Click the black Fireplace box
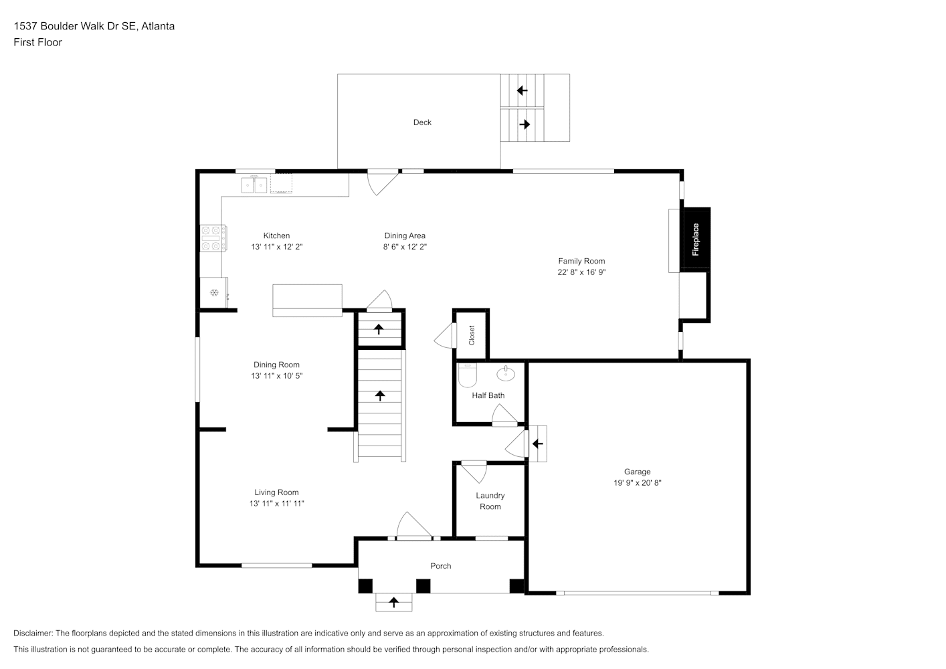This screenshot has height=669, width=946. point(697,239)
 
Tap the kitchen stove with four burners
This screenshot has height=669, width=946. point(213,238)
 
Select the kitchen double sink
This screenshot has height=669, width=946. point(254,185)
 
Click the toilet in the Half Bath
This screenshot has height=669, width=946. point(467,375)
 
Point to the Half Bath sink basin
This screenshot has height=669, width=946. point(506,373)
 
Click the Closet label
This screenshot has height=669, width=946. point(472,335)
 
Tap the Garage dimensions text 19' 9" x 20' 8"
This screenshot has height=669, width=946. point(638,483)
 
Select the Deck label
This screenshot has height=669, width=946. point(422,122)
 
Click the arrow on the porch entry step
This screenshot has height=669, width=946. point(393,602)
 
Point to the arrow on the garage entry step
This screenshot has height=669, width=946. point(538,444)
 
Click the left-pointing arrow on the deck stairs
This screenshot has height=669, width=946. point(523,90)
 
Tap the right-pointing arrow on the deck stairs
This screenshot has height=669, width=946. point(525,124)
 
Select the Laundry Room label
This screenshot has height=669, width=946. point(490,501)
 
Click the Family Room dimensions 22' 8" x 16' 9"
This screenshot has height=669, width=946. point(581,272)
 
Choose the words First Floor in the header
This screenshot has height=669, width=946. point(37,42)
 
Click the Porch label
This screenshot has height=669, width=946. point(441,566)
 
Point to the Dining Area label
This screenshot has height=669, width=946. point(405,235)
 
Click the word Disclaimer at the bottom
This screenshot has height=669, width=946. point(33,633)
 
